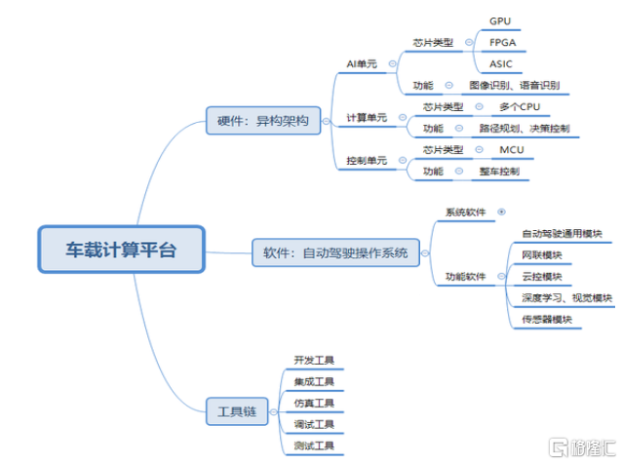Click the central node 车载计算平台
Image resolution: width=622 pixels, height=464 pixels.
120,249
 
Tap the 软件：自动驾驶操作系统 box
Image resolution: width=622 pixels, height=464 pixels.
335,253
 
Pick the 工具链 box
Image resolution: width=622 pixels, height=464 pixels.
237,410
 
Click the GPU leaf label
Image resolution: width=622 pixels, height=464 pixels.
500,19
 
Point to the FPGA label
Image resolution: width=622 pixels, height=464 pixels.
502,42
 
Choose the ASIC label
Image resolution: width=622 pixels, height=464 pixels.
501,63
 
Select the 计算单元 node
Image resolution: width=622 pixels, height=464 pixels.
367,118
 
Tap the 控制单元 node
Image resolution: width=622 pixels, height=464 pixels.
367,160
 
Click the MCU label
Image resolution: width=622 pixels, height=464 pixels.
511,150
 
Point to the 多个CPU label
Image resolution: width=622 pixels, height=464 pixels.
519,107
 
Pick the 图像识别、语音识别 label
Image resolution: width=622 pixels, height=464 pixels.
514,86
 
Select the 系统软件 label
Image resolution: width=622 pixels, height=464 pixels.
465,212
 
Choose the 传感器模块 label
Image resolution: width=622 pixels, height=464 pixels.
547,319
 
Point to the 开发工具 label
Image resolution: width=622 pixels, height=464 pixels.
313,361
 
